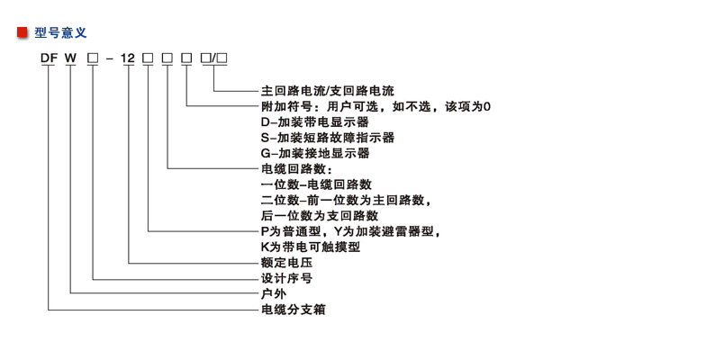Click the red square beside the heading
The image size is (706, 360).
23,32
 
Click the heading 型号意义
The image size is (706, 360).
60,32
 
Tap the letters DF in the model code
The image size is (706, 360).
49,58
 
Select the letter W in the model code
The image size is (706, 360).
70,58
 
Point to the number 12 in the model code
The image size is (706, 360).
128,58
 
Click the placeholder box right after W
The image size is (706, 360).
93,58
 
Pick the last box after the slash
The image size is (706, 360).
222,58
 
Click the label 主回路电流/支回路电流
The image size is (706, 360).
328,91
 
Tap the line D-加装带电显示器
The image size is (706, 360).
315,122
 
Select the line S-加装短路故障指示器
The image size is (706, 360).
328,137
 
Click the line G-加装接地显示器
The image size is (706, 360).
315,153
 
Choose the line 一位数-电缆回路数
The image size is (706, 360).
316,184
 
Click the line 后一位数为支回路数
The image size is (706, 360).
320,216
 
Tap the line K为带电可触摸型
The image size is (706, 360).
311,247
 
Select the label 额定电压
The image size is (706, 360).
286,263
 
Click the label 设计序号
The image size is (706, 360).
286,278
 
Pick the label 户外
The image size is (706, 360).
274,293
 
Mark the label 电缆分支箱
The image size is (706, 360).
294,310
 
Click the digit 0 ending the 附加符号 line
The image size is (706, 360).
486,106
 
